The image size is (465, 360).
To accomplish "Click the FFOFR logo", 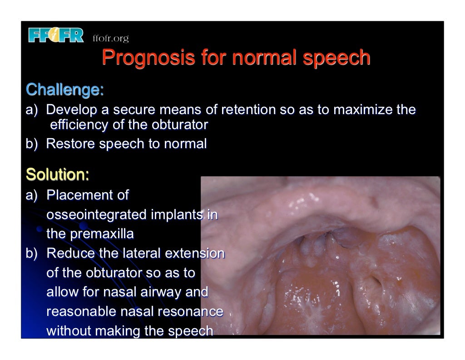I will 56,35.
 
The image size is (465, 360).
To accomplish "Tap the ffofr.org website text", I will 110,38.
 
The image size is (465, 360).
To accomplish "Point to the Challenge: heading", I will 65,89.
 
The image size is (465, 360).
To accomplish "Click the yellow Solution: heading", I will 58,174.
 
